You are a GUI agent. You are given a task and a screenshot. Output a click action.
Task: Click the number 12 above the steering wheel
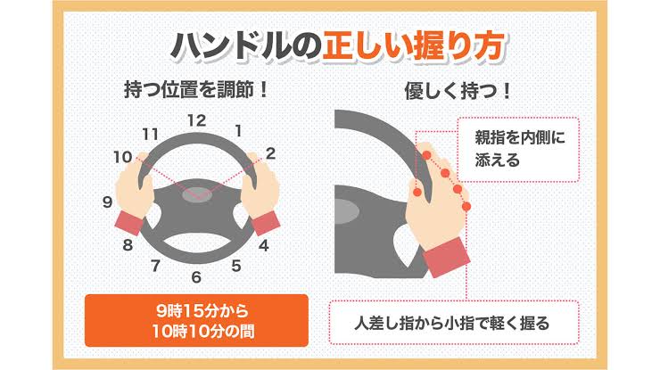pos(196,121)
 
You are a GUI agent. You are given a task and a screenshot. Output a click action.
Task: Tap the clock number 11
pos(150,135)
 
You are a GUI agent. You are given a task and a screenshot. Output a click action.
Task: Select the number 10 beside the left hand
pos(123,158)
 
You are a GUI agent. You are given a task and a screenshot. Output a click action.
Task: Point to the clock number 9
pos(108,202)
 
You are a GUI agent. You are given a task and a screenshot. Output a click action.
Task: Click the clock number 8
pos(128,244)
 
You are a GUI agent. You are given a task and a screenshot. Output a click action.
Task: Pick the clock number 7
pos(156,266)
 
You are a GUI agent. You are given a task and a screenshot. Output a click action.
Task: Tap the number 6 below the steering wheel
pos(196,277)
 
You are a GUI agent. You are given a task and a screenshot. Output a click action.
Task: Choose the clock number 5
pos(236,266)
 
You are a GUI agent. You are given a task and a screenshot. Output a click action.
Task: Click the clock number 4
pos(263,245)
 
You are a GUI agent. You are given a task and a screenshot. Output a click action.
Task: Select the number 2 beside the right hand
pos(270,153)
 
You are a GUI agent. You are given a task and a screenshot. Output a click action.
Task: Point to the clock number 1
pos(239,131)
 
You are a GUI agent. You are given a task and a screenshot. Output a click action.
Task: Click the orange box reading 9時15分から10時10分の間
pos(196,321)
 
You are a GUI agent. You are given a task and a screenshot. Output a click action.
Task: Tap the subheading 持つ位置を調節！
pos(196,91)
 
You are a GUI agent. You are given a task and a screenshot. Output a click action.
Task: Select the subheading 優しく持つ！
pos(458,91)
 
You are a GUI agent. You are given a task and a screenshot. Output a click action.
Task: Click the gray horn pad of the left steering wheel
pos(196,194)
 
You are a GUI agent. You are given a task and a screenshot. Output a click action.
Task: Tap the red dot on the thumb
pos(417,193)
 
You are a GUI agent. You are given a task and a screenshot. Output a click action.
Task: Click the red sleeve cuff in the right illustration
pos(446,257)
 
